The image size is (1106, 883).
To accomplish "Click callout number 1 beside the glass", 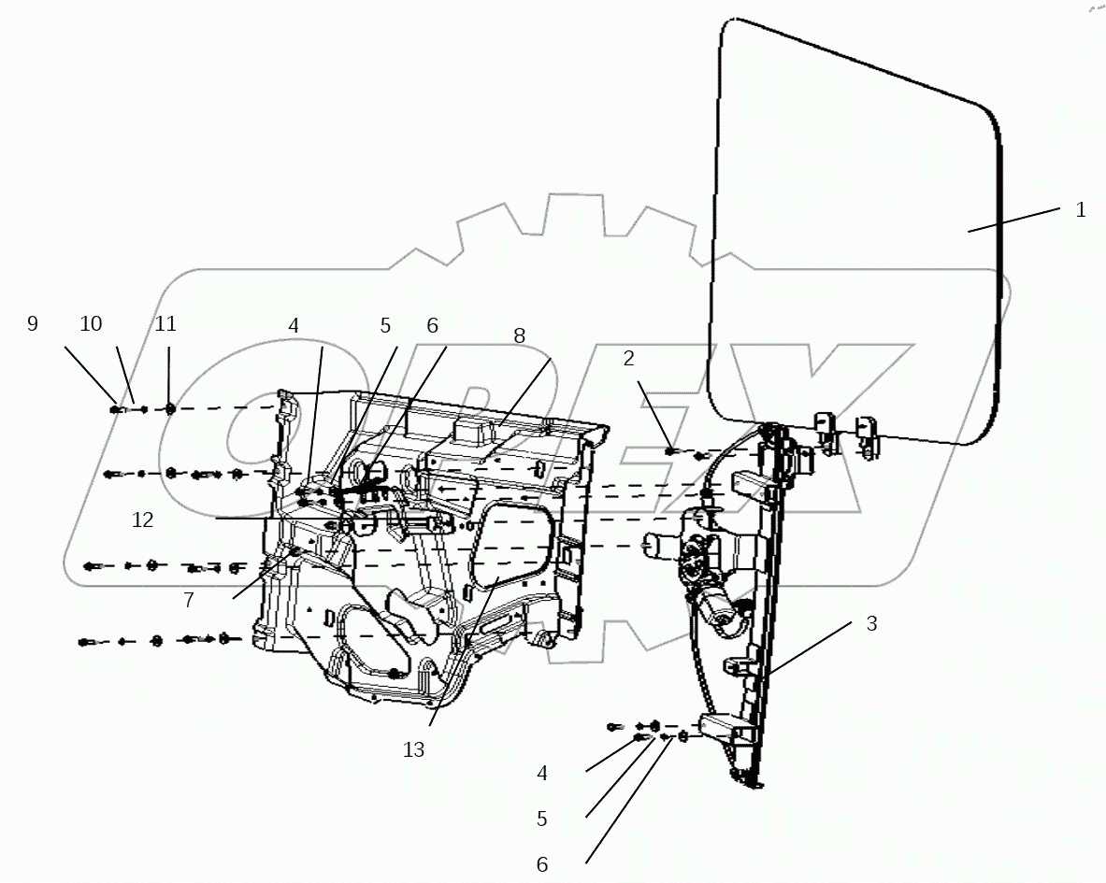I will point(1080,210).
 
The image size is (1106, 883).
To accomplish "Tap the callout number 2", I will point(629,358).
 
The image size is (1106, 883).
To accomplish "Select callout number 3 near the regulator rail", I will point(871,624).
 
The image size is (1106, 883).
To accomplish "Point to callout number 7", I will point(189,601).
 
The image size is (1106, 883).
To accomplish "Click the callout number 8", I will point(519,336).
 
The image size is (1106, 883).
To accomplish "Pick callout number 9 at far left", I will point(33,324).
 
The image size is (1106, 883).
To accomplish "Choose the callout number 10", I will point(91,324).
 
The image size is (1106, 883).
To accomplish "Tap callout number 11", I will point(165,324).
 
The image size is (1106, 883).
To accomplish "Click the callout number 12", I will point(142,520).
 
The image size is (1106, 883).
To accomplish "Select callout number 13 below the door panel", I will point(413,748).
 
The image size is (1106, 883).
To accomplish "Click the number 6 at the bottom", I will point(542,865).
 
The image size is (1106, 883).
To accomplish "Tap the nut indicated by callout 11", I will point(169,408).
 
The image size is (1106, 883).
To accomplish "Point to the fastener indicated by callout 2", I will point(670,451).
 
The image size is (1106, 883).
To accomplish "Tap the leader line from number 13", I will point(458,655).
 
